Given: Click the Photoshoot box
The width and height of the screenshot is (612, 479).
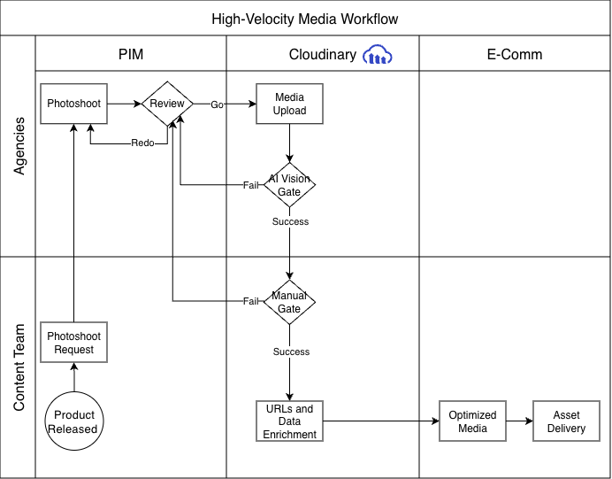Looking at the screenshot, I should click(x=74, y=104).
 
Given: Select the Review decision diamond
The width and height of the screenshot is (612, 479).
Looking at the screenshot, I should click(x=167, y=104).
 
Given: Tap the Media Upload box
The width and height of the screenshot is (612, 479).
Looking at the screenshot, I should click(x=290, y=104).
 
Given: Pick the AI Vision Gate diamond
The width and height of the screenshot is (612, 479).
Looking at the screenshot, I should click(x=290, y=185).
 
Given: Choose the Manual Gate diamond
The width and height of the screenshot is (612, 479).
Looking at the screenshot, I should click(x=290, y=302).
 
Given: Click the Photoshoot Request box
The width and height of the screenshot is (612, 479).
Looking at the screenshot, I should click(x=74, y=343).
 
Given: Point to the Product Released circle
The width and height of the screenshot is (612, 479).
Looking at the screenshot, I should click(x=74, y=422).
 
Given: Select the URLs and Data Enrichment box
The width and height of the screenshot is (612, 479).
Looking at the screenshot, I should click(x=290, y=421).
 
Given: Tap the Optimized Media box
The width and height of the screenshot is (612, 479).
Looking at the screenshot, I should click(x=472, y=421).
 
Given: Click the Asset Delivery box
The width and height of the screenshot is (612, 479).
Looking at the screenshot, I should click(x=566, y=421).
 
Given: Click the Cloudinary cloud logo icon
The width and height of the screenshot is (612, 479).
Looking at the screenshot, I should click(x=379, y=55).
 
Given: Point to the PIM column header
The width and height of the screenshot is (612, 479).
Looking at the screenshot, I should click(x=131, y=55).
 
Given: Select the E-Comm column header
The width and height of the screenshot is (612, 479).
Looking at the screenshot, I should click(x=515, y=55).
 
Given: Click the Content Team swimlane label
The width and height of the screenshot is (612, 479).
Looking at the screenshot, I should click(x=19, y=367).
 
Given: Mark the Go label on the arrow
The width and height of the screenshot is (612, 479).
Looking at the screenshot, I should click(x=217, y=104).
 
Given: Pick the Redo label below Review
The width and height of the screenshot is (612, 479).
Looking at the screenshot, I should click(x=143, y=143).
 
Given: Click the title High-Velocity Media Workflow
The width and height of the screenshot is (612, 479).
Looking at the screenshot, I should click(x=305, y=19).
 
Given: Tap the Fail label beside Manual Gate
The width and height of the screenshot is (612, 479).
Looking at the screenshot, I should click(x=251, y=302).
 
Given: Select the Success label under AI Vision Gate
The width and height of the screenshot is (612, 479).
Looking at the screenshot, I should click(x=290, y=222).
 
